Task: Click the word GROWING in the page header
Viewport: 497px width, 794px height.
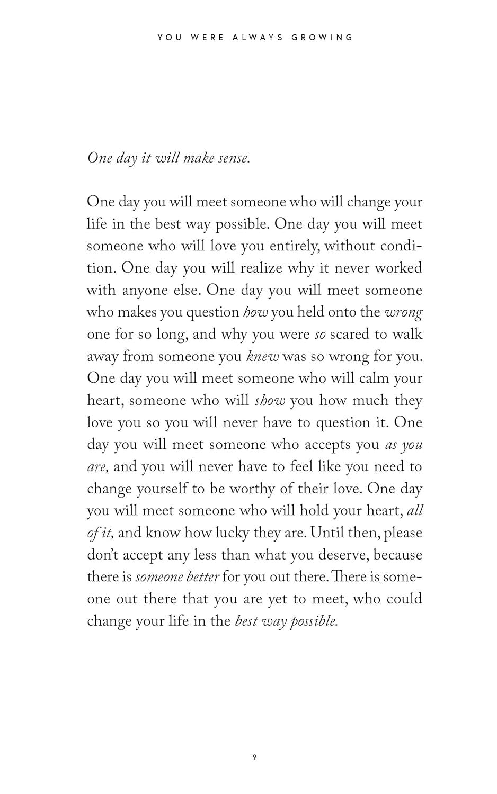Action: click(322, 38)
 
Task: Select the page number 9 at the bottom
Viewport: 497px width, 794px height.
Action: click(254, 757)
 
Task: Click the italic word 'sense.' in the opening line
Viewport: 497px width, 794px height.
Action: click(234, 158)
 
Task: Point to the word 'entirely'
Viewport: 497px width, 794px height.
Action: click(294, 247)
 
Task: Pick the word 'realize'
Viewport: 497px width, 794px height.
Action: click(261, 268)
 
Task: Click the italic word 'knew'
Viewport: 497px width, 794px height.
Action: click(263, 357)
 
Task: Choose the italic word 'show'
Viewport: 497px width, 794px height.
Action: click(270, 401)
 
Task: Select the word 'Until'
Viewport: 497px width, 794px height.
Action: click(329, 533)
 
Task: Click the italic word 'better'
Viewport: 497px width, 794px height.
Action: click(202, 577)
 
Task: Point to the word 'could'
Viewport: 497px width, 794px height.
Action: click(404, 599)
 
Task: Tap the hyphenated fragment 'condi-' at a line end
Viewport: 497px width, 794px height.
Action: click(398, 247)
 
